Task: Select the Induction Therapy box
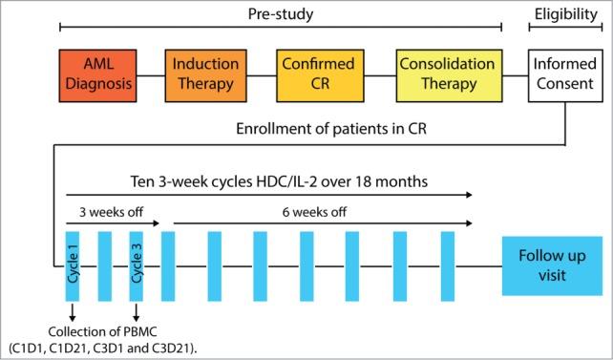(204, 74)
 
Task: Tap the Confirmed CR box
(317, 74)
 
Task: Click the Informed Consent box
(562, 74)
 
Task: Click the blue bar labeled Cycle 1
(73, 265)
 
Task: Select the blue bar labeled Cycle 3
(137, 265)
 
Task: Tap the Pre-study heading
(281, 13)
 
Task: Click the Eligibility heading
(562, 13)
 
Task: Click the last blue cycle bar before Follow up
(447, 265)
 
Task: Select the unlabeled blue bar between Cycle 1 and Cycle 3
(105, 265)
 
